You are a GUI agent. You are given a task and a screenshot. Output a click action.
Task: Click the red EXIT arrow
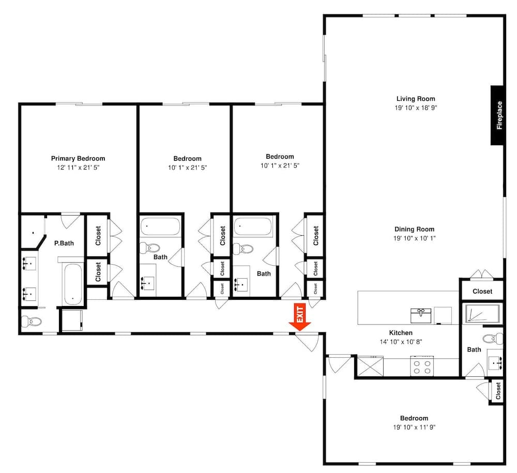pos(300,317)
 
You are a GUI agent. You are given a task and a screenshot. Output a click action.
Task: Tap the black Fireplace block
pos(497,115)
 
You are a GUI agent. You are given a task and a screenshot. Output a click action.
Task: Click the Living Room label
pos(416,99)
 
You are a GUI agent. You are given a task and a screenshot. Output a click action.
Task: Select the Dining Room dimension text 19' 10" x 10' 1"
pos(415,238)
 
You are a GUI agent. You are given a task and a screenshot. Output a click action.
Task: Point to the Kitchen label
pos(401,333)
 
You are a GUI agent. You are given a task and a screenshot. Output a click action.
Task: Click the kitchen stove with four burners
pos(422,366)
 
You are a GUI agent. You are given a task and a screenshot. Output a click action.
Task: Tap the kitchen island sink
pos(421,315)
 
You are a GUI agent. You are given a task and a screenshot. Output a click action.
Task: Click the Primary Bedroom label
pos(78,159)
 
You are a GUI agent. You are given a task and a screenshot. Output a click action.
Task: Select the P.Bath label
pos(64,243)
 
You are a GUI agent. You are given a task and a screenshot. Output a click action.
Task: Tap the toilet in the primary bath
pos(32,321)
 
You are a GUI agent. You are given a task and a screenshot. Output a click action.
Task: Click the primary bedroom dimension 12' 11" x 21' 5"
pos(78,167)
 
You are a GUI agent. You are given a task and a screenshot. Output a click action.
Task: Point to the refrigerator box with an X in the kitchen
pos(370,366)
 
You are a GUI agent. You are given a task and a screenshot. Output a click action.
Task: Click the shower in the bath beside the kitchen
pos(483,313)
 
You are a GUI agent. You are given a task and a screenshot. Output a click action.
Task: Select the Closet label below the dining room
pos(482,292)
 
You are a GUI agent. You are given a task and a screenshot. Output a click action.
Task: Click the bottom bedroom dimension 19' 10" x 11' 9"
pos(414,427)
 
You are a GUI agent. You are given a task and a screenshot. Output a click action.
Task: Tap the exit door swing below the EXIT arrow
pos(307,342)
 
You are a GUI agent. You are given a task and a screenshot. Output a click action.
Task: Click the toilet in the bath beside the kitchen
pos(493,338)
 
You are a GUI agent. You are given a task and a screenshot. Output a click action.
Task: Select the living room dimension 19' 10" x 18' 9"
pos(416,108)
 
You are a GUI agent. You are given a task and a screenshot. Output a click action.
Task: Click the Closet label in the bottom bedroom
pos(498,391)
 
